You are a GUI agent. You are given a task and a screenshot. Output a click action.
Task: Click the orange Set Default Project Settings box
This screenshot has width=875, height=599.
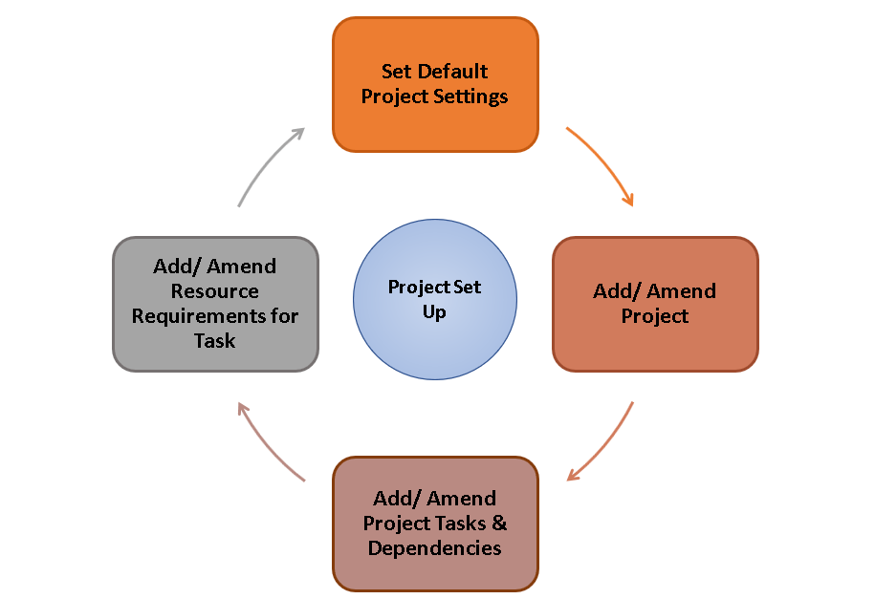[x=435, y=84]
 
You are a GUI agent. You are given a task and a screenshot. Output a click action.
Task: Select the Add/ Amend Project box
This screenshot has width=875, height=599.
[x=655, y=304]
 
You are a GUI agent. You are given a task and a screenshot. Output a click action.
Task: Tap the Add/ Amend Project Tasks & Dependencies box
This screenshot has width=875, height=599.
[x=435, y=524]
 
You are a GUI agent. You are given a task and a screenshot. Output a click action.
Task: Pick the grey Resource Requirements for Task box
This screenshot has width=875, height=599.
[x=215, y=304]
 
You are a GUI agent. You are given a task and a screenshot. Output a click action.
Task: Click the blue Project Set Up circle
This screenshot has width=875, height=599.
[x=435, y=300]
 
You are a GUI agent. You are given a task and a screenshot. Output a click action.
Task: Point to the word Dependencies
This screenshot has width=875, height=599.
[x=435, y=548]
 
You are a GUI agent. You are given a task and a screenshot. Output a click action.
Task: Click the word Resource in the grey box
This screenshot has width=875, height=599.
[x=215, y=291]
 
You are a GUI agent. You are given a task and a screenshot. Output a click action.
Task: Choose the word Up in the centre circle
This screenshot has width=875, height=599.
[x=434, y=312]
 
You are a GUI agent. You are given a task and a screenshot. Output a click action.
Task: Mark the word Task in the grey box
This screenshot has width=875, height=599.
[x=215, y=341]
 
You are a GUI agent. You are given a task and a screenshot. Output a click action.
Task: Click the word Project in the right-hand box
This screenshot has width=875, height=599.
[x=655, y=316]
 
